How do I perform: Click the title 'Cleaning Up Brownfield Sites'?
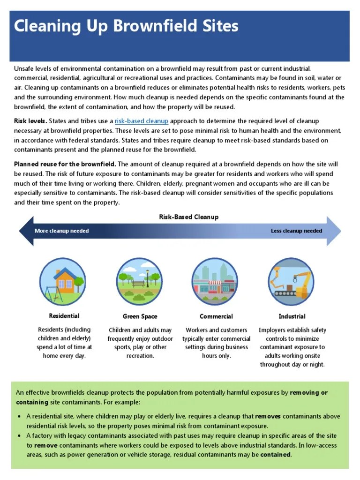pos(126,26)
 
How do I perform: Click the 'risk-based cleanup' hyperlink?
pos(141,121)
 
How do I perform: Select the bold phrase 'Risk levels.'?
pos(30,121)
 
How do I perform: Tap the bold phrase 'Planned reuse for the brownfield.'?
pos(65,164)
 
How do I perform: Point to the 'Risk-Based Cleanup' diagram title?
pos(189,217)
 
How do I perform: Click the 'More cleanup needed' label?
pos(61,231)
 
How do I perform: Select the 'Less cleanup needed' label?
pos(296,231)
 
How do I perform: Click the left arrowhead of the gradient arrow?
pos(26,231)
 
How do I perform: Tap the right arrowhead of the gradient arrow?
pos(334,231)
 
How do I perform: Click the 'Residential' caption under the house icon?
pos(64,316)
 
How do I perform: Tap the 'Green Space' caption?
pos(140,316)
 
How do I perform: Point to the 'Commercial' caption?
pos(216,316)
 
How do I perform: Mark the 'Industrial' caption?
pos(292,316)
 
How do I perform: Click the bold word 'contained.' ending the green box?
pos(276,455)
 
